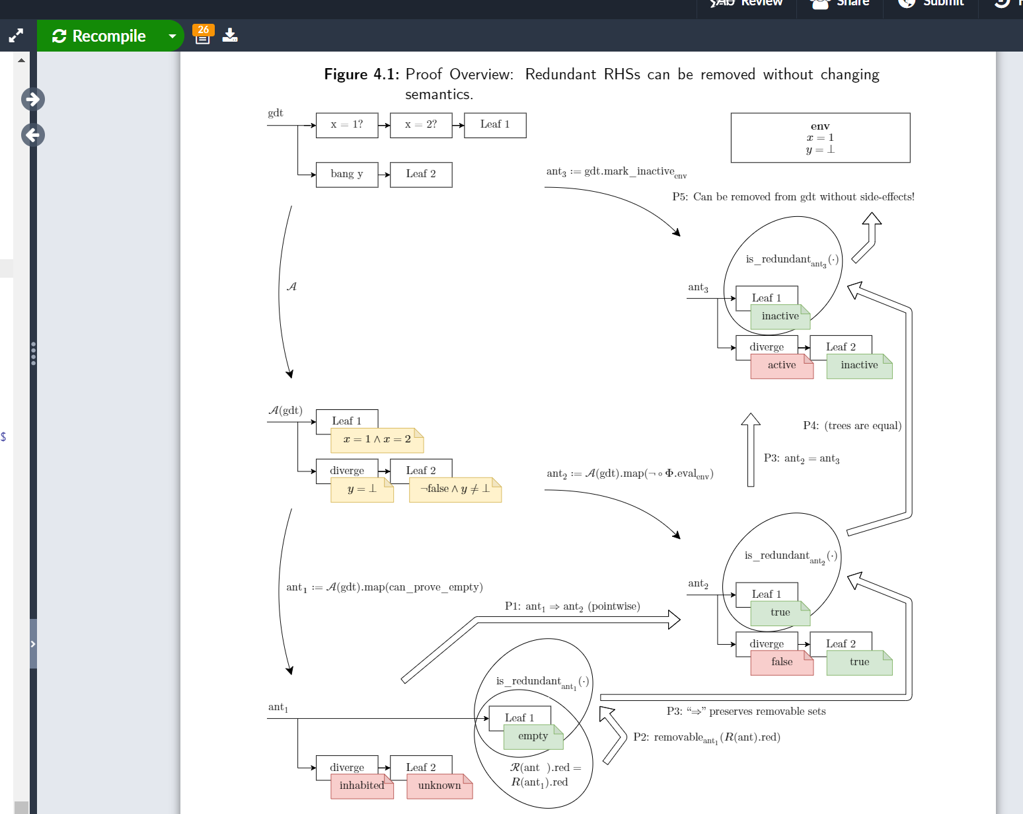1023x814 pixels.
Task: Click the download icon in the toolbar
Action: click(x=230, y=35)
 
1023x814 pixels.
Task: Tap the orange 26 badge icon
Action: click(x=203, y=34)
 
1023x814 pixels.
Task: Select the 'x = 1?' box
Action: click(x=347, y=125)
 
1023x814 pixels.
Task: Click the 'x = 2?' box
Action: click(x=421, y=125)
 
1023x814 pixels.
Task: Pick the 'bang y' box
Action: click(x=347, y=175)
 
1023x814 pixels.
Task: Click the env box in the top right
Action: click(x=820, y=138)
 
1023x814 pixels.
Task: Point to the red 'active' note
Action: click(x=782, y=366)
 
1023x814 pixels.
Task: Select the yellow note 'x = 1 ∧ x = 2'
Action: click(x=377, y=440)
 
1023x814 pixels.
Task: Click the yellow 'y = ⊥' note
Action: click(x=361, y=489)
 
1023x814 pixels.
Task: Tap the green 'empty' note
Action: click(x=533, y=737)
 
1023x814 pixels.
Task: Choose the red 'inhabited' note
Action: click(x=361, y=786)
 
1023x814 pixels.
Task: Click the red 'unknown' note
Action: click(x=439, y=786)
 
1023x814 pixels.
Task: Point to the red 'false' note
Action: click(x=782, y=663)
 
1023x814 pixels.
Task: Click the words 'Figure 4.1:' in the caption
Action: click(x=361, y=75)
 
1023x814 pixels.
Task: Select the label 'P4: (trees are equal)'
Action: click(x=852, y=426)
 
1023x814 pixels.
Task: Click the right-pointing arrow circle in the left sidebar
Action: click(x=32, y=99)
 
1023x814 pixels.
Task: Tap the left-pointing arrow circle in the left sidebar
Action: click(x=32, y=135)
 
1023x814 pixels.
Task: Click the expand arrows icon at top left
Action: click(x=16, y=36)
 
